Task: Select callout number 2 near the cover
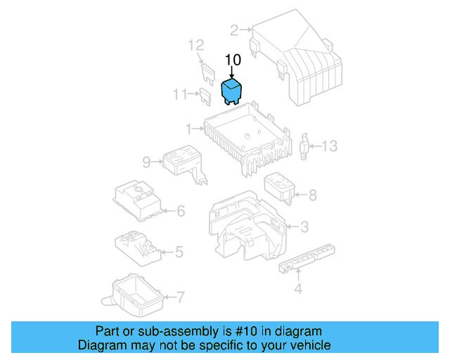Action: click(x=234, y=30)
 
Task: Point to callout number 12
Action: click(x=195, y=46)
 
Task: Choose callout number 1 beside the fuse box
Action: click(x=188, y=129)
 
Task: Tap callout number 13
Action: click(x=330, y=146)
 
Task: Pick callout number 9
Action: click(x=146, y=162)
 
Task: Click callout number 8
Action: click(x=313, y=195)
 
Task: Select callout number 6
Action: click(x=180, y=210)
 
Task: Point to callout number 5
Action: click(x=179, y=251)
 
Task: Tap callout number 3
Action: click(x=304, y=226)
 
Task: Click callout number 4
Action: click(x=297, y=288)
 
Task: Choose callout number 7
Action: click(x=180, y=297)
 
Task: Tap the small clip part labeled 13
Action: click(x=306, y=145)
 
